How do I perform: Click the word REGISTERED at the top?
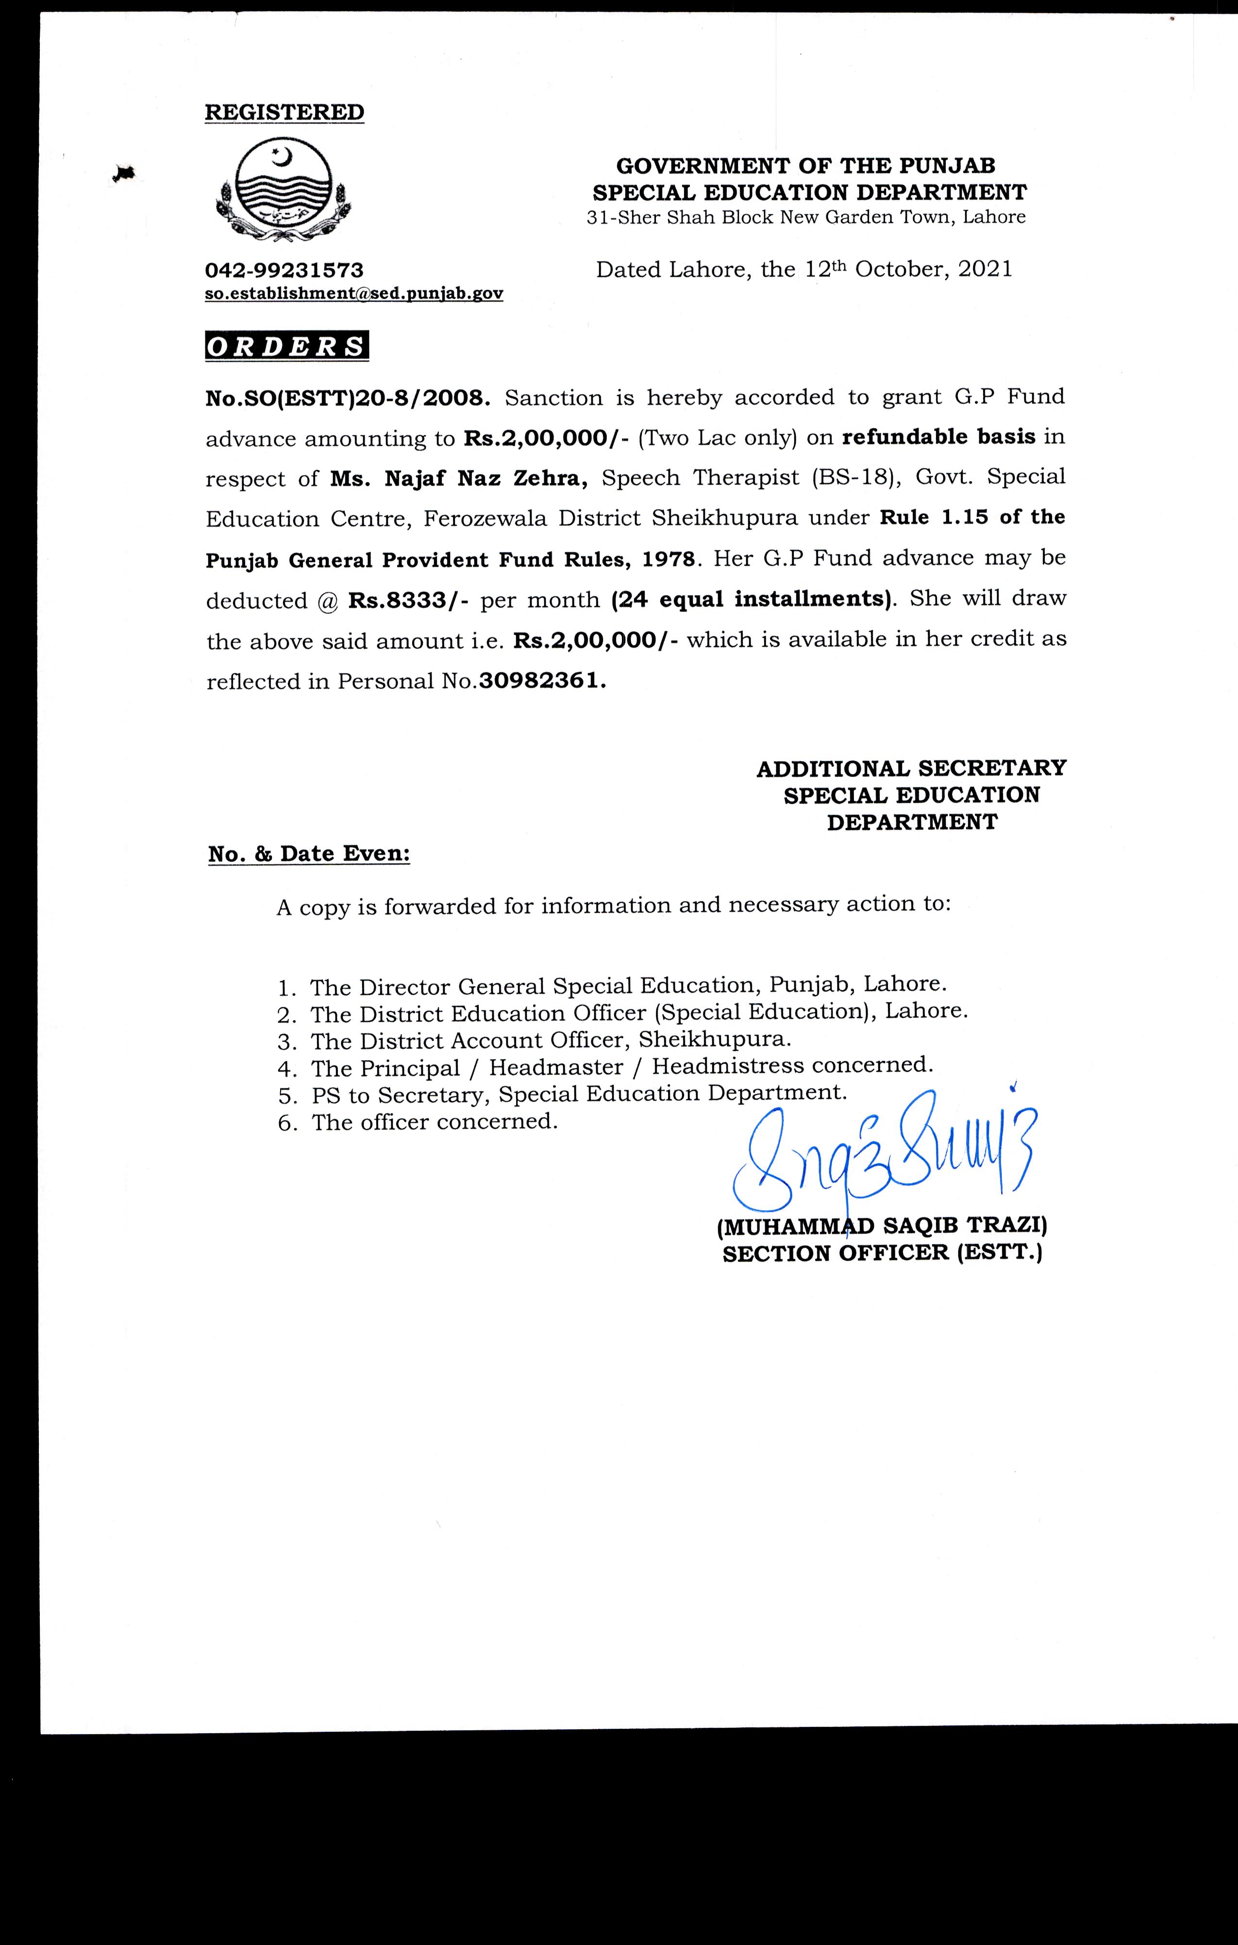(284, 112)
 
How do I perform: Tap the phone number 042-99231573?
(284, 270)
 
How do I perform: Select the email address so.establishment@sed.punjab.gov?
(354, 294)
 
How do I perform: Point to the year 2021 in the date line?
(985, 269)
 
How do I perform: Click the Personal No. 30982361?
(541, 681)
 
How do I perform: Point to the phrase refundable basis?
(938, 437)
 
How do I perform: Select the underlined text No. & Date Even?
(308, 854)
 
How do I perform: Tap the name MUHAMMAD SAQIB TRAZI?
(882, 1226)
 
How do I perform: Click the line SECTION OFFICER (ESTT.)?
(882, 1253)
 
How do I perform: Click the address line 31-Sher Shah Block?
(806, 217)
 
